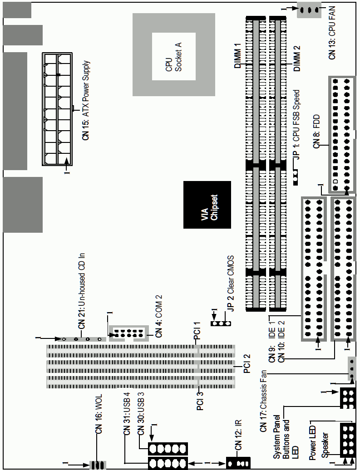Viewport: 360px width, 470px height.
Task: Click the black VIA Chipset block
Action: (x=207, y=205)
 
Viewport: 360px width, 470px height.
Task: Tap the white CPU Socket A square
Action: (x=174, y=56)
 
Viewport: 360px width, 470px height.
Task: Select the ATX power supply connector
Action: (x=57, y=109)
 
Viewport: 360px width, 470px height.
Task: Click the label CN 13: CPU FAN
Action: (x=332, y=33)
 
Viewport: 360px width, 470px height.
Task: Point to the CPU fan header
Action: (x=308, y=11)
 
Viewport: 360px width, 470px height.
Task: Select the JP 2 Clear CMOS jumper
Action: (x=221, y=324)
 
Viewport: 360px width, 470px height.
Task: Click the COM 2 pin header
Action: (x=128, y=333)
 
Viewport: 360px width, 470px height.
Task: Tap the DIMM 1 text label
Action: (x=238, y=55)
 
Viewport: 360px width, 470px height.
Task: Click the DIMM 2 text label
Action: (x=296, y=58)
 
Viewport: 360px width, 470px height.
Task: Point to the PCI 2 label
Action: (x=247, y=363)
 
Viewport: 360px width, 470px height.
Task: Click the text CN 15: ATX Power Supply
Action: (x=86, y=100)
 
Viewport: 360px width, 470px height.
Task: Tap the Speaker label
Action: (x=325, y=445)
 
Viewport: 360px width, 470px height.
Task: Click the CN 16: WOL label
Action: (x=99, y=414)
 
